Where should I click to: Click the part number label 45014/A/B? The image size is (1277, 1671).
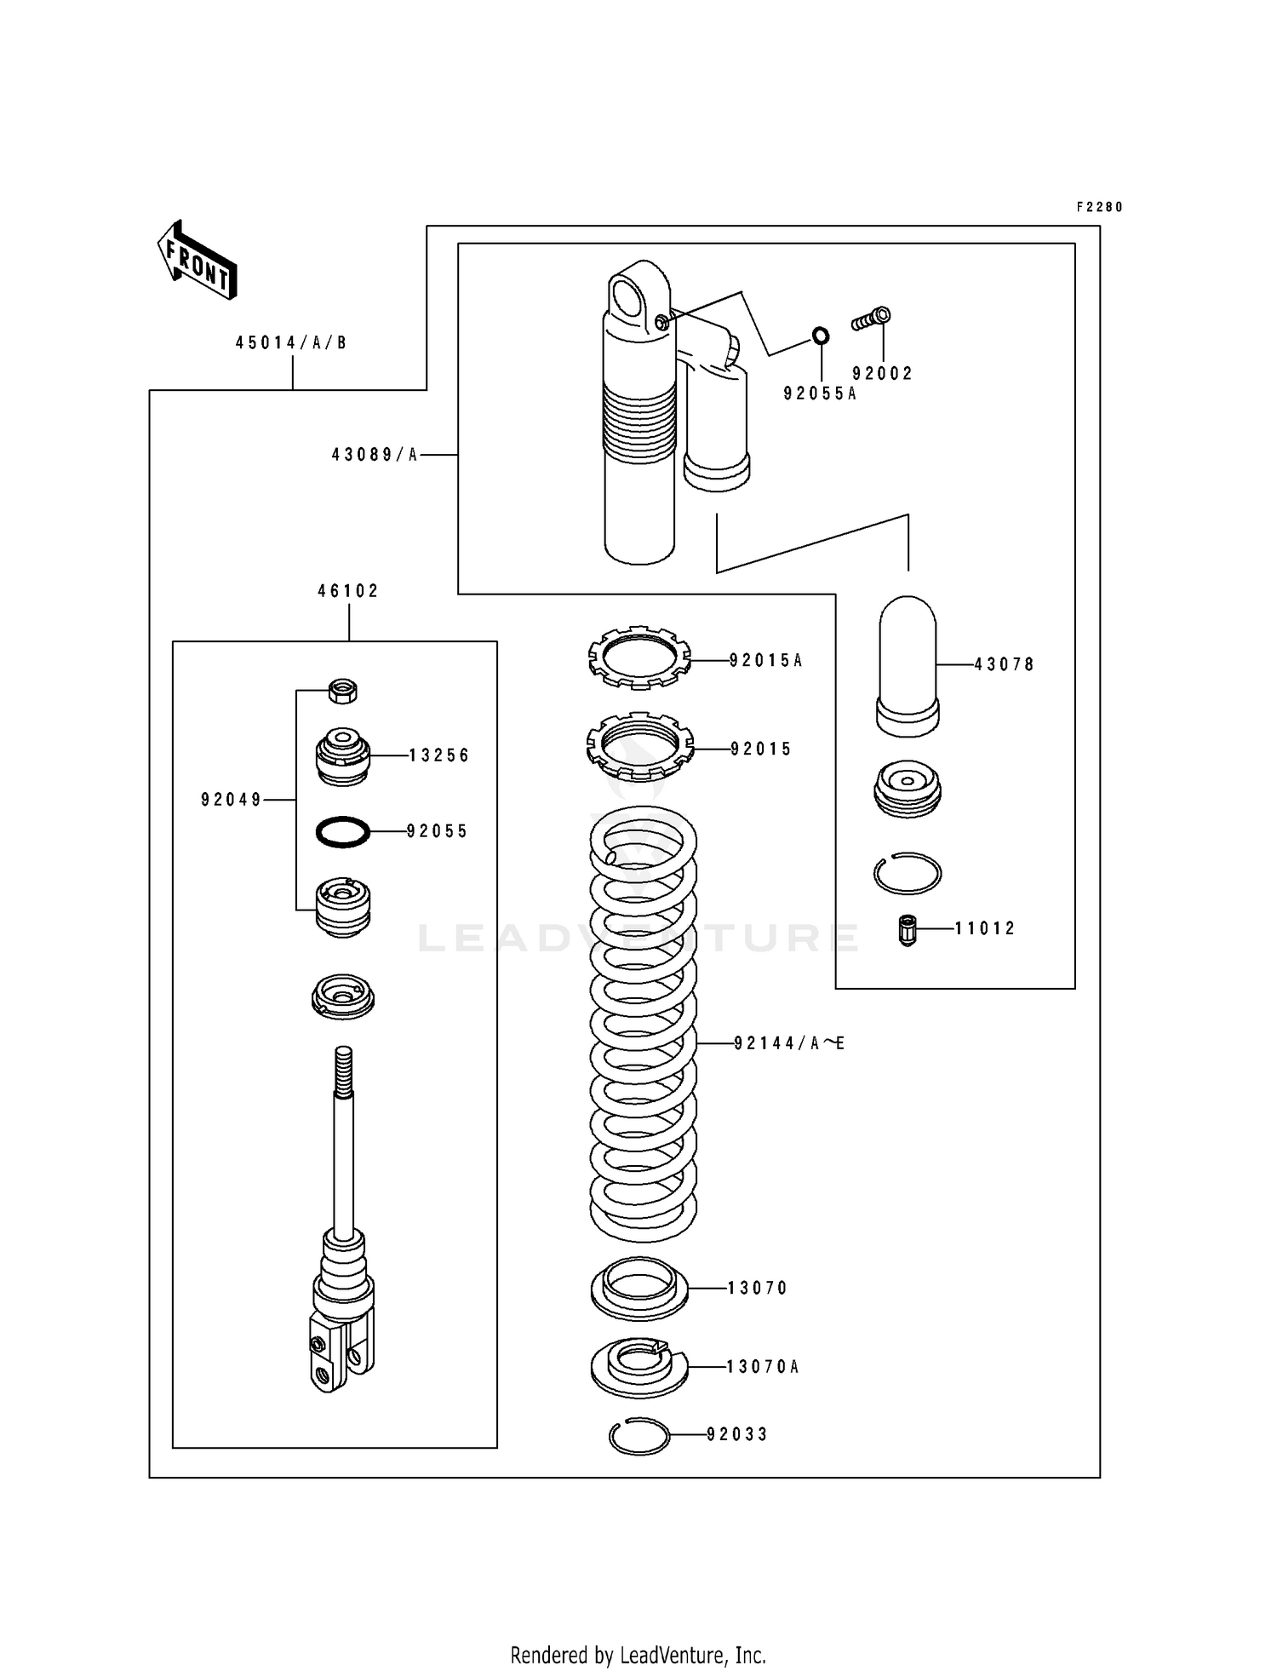pyautogui.click(x=291, y=343)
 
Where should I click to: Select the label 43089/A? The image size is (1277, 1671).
pyautogui.click(x=375, y=456)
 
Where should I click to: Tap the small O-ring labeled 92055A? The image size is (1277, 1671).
pyautogui.click(x=820, y=336)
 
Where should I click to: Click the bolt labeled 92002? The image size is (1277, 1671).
pyautogui.click(x=871, y=319)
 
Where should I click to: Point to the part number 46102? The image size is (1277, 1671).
pyautogui.click(x=348, y=591)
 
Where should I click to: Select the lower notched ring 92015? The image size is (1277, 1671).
pyautogui.click(x=639, y=746)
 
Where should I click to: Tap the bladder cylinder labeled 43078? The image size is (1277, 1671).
pyautogui.click(x=908, y=664)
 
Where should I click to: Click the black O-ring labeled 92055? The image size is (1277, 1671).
pyautogui.click(x=343, y=831)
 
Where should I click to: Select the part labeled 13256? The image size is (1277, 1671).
pyautogui.click(x=343, y=756)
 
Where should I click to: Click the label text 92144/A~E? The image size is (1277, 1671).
pyautogui.click(x=789, y=1043)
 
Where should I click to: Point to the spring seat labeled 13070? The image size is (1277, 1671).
pyautogui.click(x=639, y=1288)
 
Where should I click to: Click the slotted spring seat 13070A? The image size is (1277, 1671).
pyautogui.click(x=639, y=1366)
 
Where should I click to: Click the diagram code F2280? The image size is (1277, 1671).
pyautogui.click(x=1099, y=207)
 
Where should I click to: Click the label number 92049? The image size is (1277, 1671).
pyautogui.click(x=231, y=800)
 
